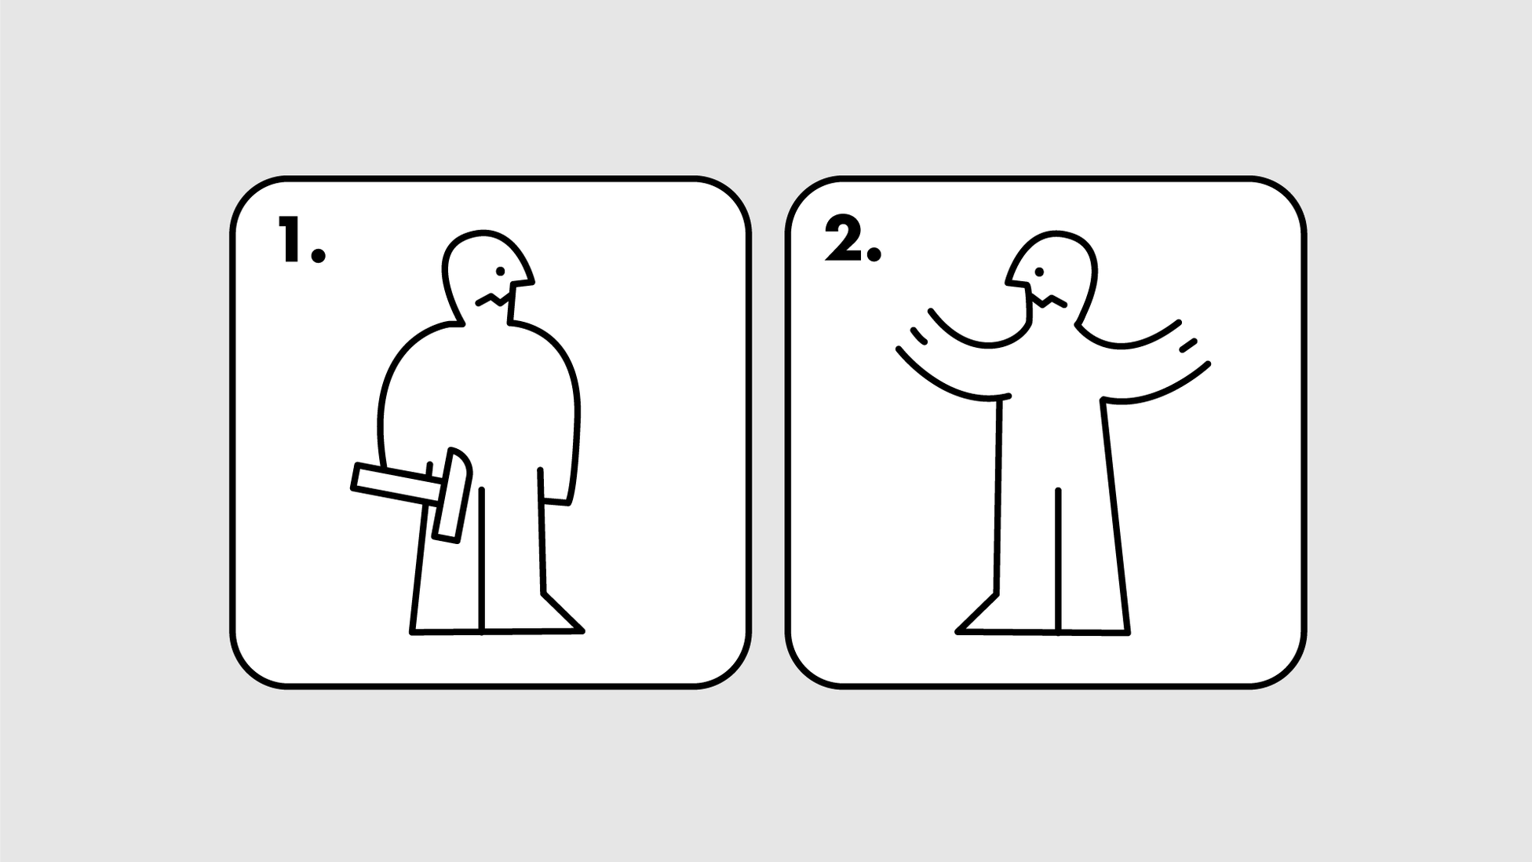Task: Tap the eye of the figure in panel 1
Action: tap(500, 271)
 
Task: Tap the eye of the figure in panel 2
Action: tap(1039, 272)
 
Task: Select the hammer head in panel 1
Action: tap(452, 495)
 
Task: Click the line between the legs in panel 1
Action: tap(481, 559)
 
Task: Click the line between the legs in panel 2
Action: tap(1058, 560)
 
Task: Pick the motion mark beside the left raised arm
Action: tap(918, 336)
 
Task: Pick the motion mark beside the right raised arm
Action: tap(1188, 344)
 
